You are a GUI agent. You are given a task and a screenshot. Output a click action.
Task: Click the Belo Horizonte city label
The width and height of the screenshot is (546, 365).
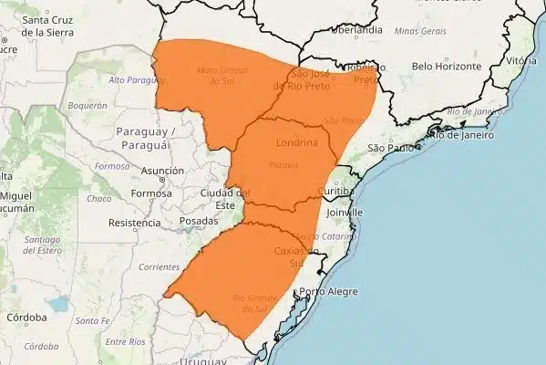[446, 67]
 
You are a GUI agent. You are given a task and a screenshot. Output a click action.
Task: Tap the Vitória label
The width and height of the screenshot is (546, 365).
[520, 60]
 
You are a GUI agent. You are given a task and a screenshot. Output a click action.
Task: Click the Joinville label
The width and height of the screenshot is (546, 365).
[343, 213]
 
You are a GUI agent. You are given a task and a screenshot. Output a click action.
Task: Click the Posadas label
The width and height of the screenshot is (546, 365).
[200, 221]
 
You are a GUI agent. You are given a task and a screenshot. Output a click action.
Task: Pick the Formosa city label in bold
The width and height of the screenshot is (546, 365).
[151, 193]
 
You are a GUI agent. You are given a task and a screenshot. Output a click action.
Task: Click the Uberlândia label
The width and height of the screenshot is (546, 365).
[357, 30]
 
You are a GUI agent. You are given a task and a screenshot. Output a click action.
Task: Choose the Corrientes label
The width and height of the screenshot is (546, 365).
[135, 266]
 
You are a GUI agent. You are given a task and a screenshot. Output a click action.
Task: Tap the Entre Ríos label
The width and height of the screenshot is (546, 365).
[126, 341]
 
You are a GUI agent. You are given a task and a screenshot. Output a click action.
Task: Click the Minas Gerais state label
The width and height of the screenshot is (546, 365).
[420, 30]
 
